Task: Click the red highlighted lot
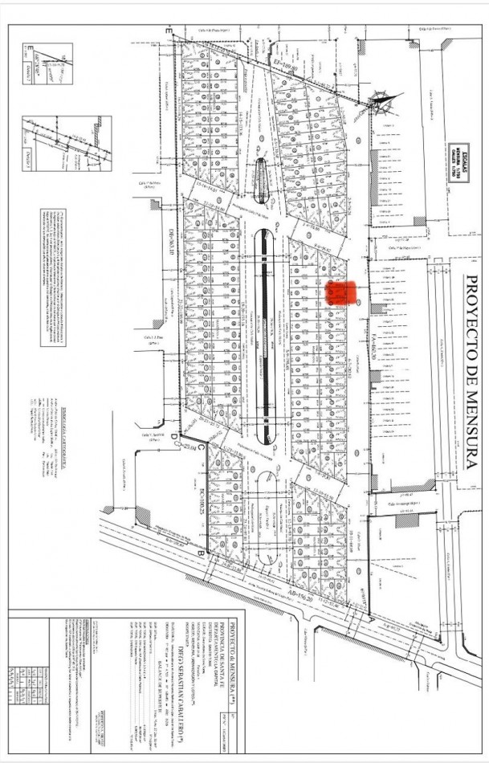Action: (340, 292)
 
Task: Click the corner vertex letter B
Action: (198, 556)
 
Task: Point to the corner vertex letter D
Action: (172, 437)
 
